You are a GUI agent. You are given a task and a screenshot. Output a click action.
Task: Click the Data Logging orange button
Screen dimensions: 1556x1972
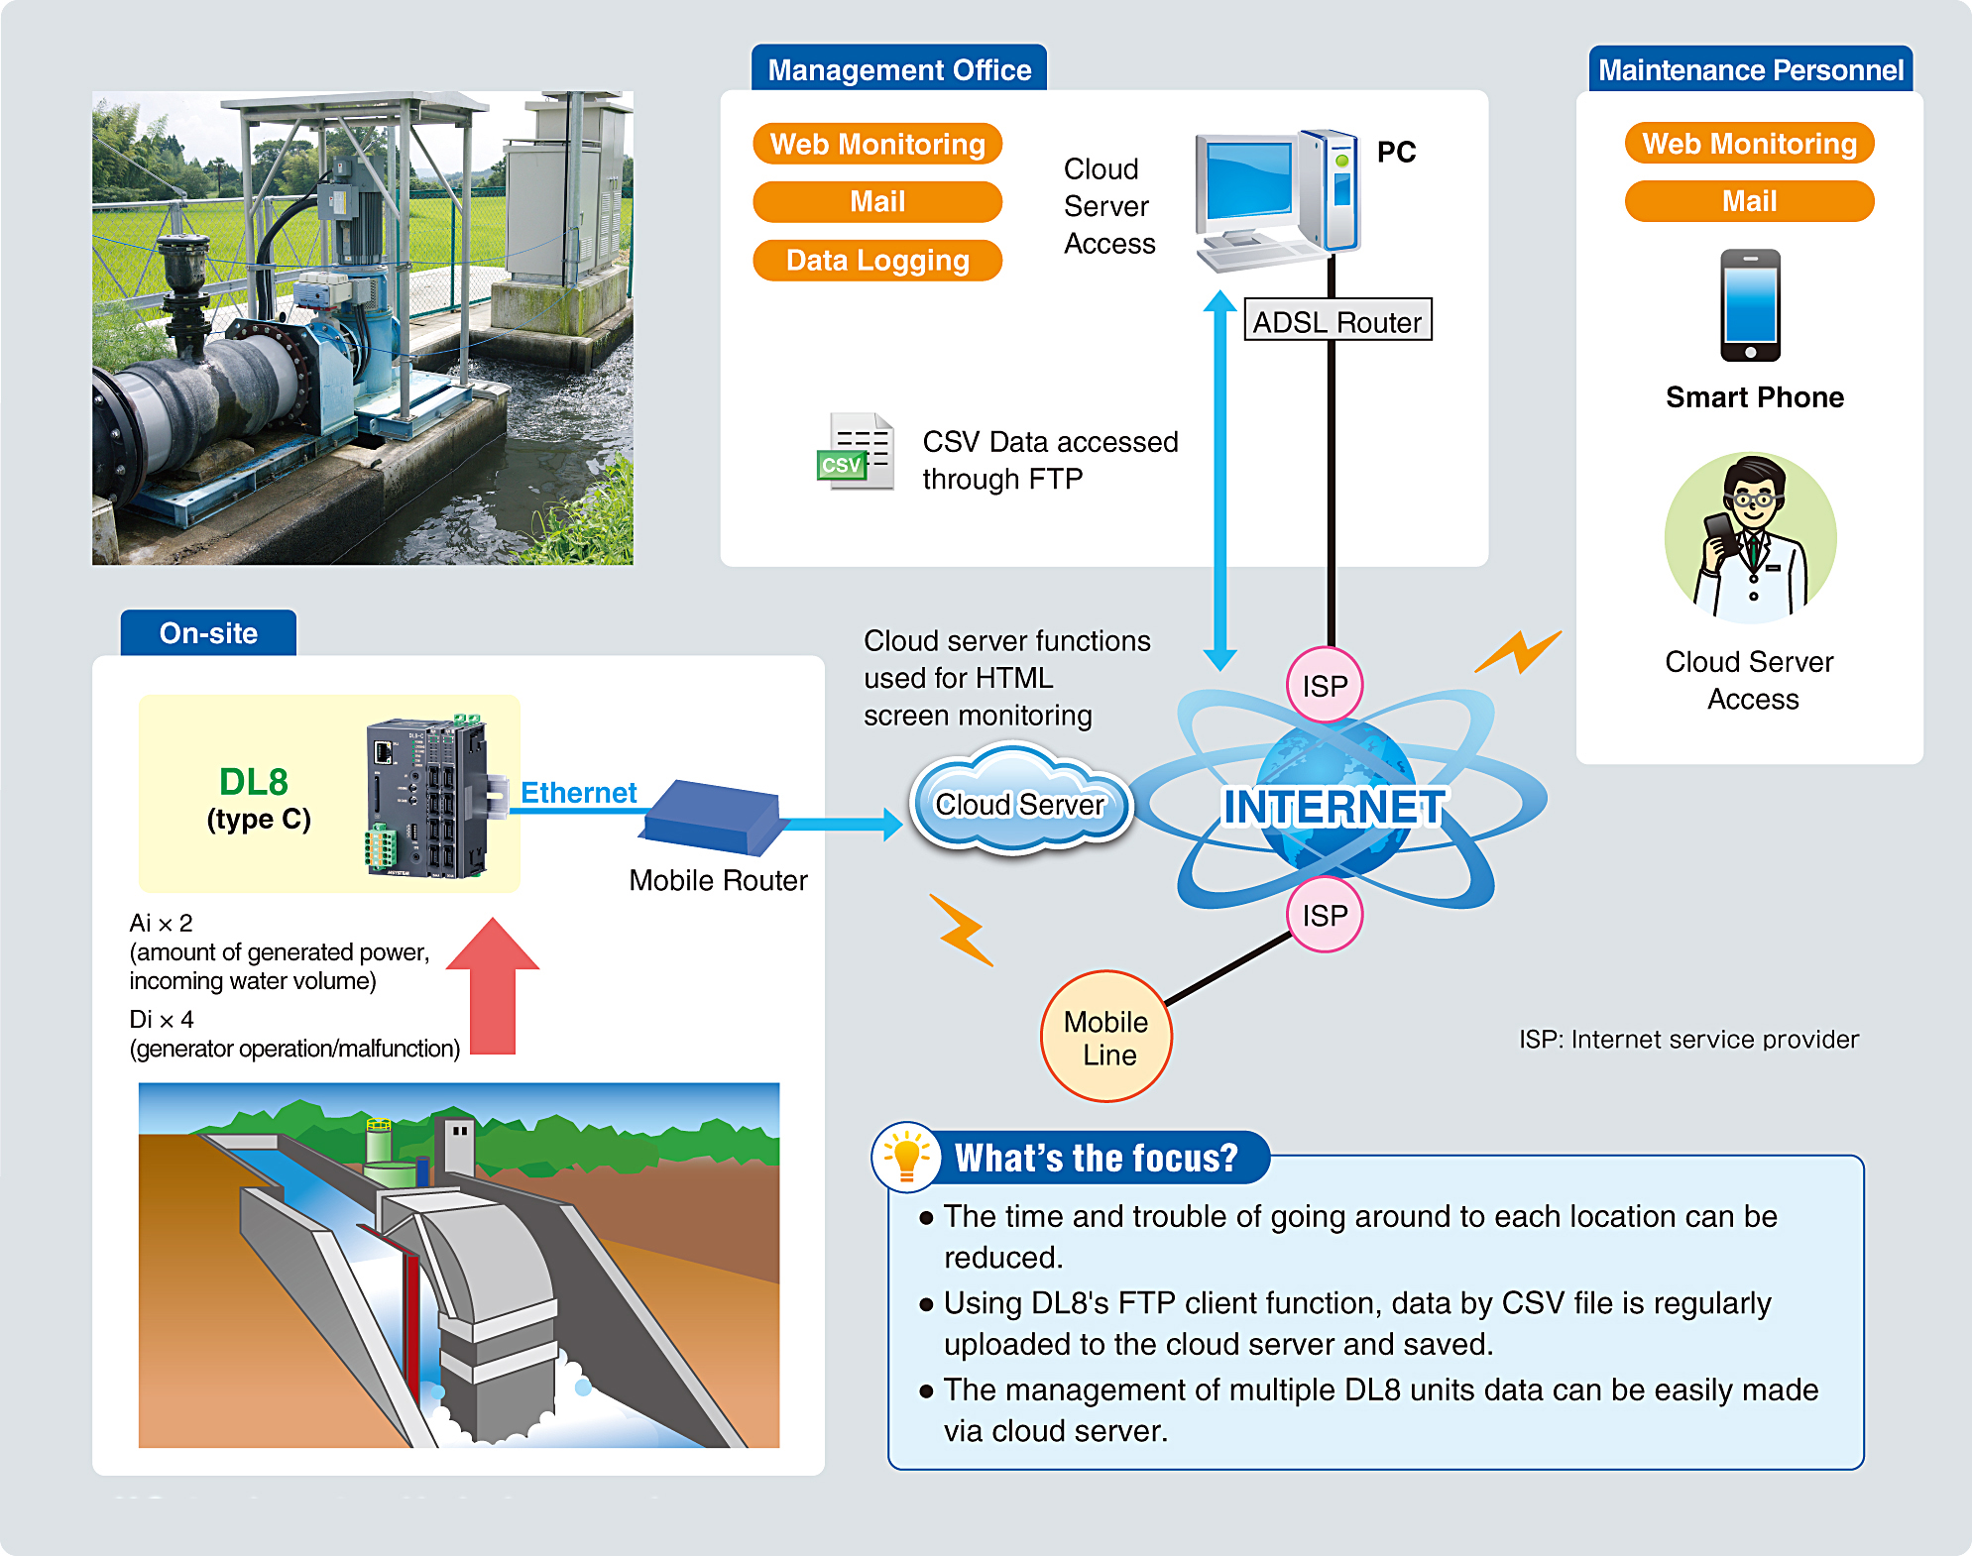(876, 261)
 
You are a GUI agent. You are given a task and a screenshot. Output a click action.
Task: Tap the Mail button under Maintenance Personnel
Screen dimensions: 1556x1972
(1748, 201)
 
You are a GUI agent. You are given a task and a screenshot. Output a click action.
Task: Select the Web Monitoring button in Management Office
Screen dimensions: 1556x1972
(876, 145)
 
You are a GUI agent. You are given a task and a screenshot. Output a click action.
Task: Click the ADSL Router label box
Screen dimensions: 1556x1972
(1336, 321)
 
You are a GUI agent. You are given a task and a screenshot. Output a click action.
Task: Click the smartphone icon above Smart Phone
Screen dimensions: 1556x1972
(1749, 305)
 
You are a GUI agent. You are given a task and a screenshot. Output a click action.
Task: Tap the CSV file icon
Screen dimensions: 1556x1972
(856, 453)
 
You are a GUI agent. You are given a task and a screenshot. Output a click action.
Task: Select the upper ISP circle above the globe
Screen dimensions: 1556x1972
(1325, 685)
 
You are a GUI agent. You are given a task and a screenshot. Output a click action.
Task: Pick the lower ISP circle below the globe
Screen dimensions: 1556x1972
(1325, 914)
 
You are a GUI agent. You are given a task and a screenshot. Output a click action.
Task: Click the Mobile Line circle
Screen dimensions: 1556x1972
(1105, 1037)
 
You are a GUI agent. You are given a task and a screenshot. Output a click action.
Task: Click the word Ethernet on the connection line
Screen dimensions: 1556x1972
(578, 793)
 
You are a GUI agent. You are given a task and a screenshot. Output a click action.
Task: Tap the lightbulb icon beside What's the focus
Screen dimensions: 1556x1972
(905, 1157)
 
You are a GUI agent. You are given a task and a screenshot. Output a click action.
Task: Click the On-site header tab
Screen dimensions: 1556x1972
(208, 633)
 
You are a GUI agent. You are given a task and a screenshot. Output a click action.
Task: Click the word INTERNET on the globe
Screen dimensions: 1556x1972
(1334, 807)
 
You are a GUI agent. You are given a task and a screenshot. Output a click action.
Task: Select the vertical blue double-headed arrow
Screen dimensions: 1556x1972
(1219, 481)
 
